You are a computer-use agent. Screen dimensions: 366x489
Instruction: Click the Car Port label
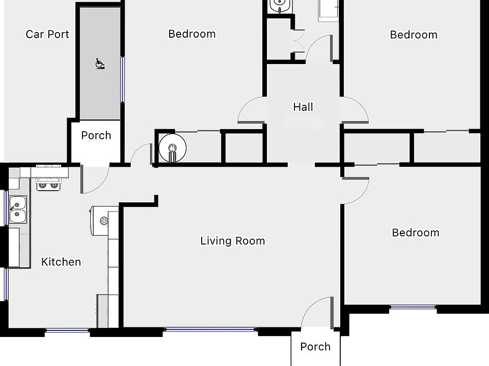[x=47, y=35]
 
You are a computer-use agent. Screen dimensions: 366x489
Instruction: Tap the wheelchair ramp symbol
[x=100, y=64]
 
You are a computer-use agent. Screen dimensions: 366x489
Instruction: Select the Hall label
[x=303, y=107]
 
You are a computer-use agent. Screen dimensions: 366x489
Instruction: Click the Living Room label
[x=233, y=241]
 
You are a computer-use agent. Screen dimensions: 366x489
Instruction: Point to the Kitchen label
[x=61, y=262]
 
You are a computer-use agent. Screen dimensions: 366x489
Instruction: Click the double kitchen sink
[x=18, y=209]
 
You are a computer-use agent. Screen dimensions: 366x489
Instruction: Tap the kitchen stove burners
[x=48, y=185]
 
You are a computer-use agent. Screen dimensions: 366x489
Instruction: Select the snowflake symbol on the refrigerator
[x=104, y=221]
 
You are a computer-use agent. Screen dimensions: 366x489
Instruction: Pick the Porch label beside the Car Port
[x=96, y=136]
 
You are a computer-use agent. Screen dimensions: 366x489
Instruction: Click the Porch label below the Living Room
[x=315, y=347]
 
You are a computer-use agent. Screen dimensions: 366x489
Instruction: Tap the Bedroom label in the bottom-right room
[x=415, y=233]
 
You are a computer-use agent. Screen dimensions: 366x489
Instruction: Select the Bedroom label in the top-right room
[x=414, y=35]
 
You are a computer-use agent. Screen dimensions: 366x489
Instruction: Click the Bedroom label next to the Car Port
[x=192, y=34]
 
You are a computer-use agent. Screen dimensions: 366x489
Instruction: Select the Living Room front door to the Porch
[x=318, y=311]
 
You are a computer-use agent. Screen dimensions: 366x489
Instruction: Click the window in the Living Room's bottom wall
[x=210, y=330]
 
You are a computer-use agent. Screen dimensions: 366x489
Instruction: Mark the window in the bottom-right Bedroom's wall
[x=413, y=307]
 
